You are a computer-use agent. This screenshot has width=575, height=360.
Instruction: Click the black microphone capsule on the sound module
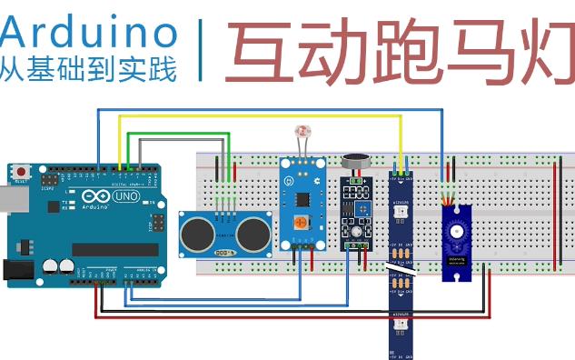tap(354, 163)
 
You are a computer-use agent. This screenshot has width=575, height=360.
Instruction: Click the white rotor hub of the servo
tap(455, 228)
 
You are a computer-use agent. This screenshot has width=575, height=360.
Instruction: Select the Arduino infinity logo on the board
tap(96, 197)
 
